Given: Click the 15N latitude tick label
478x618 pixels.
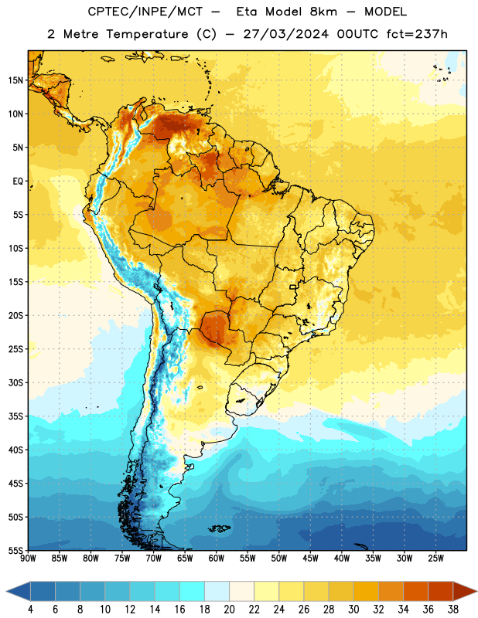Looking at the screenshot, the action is (x=16, y=80).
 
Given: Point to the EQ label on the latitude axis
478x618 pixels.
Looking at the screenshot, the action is (x=18, y=182).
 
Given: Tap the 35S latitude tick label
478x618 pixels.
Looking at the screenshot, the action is (x=16, y=416).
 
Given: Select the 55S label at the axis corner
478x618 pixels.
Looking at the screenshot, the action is (x=16, y=550).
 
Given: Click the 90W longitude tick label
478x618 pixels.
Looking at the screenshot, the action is (x=28, y=559).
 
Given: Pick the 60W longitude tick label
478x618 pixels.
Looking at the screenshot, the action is (x=217, y=559).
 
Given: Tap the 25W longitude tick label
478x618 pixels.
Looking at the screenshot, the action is (x=435, y=559).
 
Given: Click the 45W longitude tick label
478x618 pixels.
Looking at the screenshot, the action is (x=310, y=559).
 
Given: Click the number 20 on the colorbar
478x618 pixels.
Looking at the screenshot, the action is (x=229, y=610).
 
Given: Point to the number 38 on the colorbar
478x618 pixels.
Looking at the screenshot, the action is (x=453, y=610).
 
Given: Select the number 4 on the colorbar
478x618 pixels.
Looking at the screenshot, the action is (x=30, y=610).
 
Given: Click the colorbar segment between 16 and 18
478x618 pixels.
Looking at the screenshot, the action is (x=193, y=592).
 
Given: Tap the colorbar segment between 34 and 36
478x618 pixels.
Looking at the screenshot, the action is (x=416, y=592).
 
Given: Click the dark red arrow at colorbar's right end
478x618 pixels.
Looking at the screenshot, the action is (x=464, y=592).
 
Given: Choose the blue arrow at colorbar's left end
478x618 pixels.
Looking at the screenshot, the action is (x=19, y=592).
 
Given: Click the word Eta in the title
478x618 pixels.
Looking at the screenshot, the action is (x=247, y=12).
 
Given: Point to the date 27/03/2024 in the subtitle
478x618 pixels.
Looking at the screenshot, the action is (x=285, y=34).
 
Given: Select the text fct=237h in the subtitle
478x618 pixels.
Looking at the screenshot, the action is (x=417, y=34).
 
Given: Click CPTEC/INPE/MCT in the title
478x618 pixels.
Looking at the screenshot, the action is (x=145, y=12).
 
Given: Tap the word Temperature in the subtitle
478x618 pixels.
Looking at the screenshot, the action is (x=147, y=34).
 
